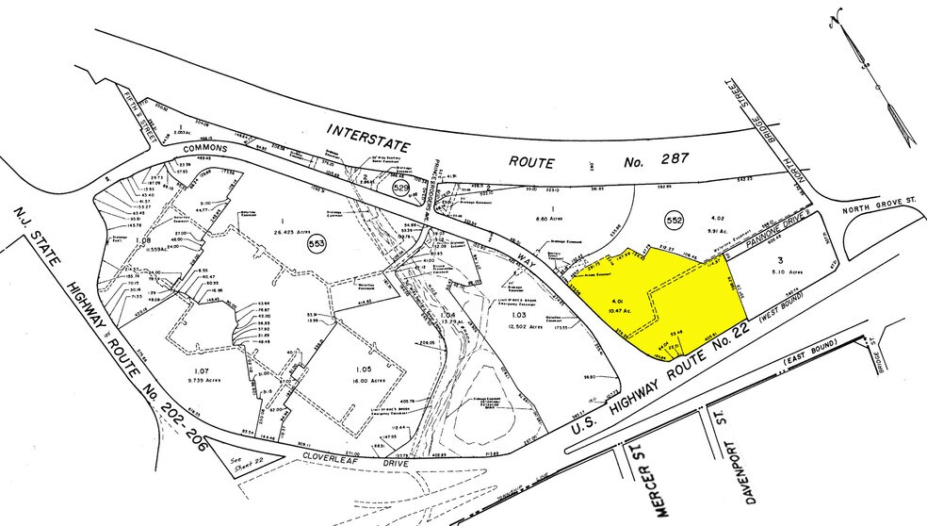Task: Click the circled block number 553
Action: click(x=320, y=244)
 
